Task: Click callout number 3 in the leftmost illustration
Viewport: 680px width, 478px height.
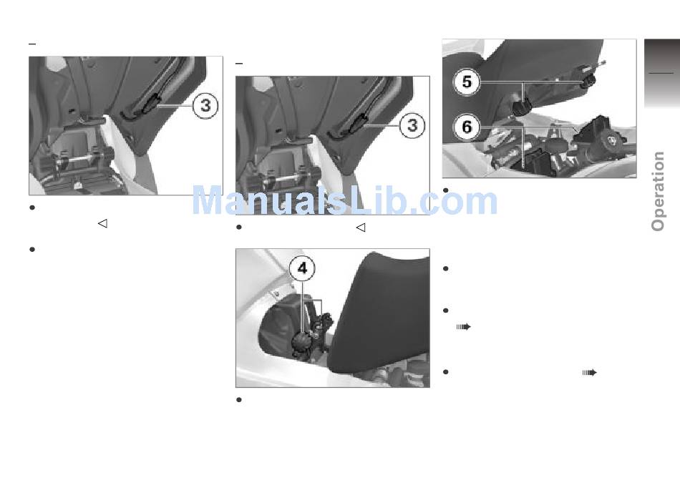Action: coord(205,105)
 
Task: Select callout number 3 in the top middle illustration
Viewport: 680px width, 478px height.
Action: coord(412,125)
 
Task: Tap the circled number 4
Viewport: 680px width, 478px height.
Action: coord(302,268)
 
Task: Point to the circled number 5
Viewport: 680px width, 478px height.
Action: coord(467,82)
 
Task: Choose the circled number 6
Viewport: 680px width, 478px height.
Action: coord(467,127)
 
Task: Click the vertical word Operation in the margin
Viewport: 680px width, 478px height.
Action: coord(658,191)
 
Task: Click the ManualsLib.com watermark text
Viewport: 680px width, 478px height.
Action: coord(344,200)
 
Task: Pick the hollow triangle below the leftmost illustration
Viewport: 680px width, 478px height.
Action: coord(102,224)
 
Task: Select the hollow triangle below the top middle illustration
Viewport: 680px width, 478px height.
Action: coord(360,228)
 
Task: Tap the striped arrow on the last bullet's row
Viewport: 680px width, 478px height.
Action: coord(589,373)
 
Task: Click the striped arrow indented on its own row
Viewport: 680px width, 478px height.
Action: coord(464,327)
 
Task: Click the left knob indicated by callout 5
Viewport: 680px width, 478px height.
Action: coord(523,106)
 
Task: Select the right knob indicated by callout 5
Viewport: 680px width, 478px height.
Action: coord(588,81)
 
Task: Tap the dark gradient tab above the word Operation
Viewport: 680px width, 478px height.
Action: coord(662,73)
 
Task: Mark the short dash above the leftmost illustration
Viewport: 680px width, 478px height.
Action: coord(32,44)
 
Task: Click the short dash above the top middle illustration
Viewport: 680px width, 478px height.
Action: coord(239,64)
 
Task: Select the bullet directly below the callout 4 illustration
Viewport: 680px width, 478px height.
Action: coord(238,399)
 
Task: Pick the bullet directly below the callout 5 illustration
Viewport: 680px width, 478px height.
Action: coord(445,190)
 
